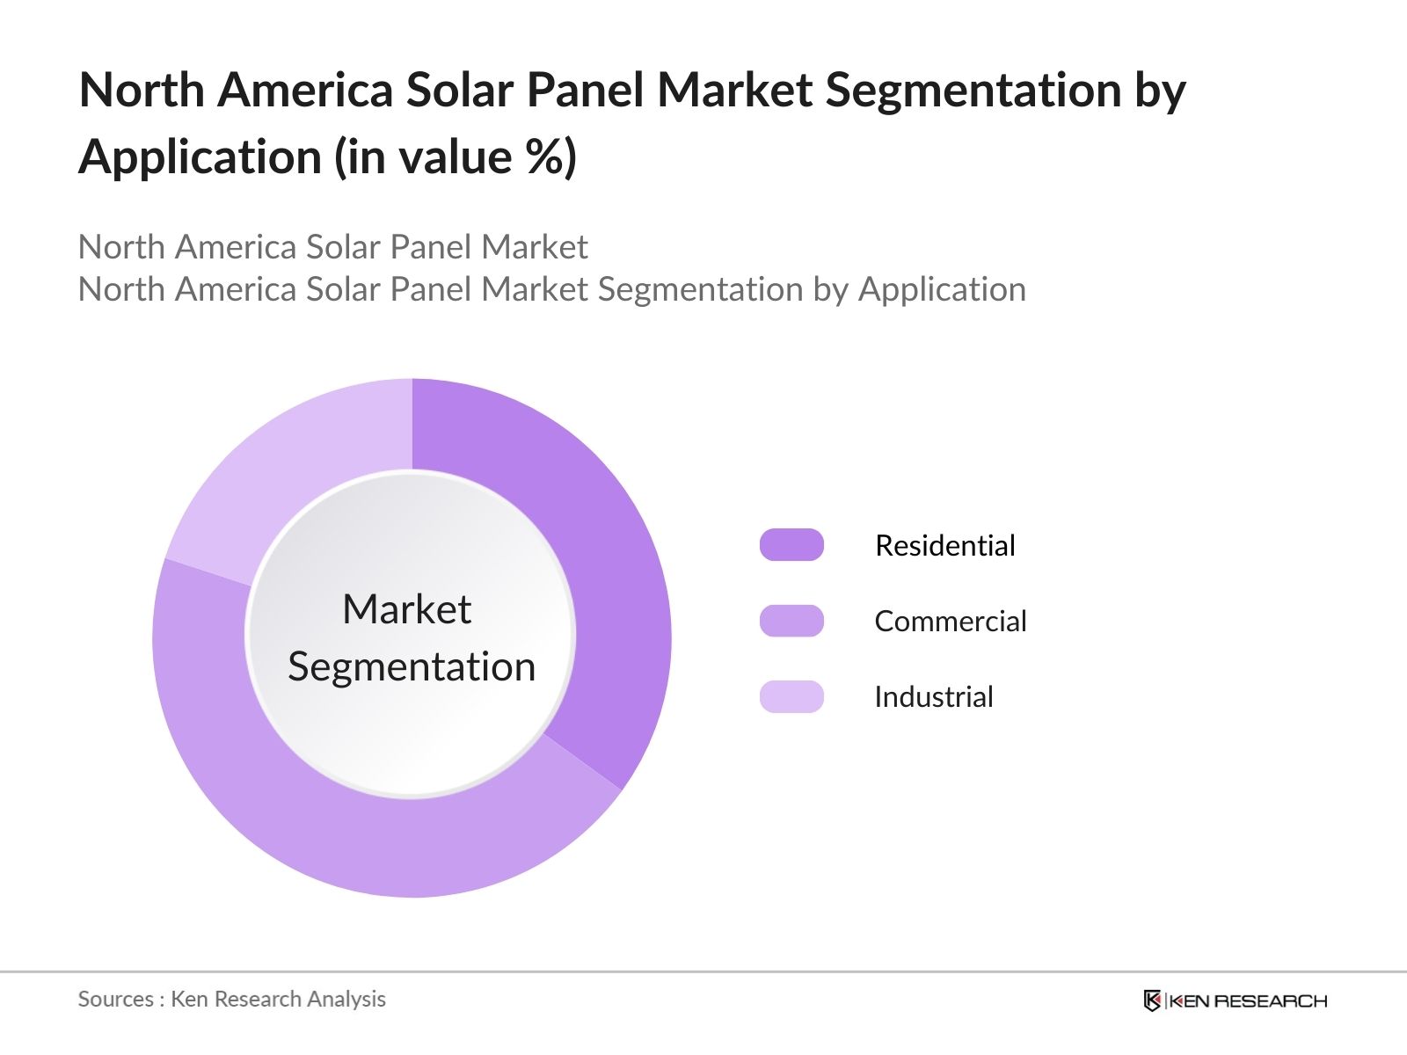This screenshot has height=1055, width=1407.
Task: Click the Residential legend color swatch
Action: tap(791, 545)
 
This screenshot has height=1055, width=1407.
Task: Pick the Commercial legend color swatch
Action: tap(791, 621)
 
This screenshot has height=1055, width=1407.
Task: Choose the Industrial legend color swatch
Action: tap(791, 696)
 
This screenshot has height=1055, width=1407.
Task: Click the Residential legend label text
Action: tap(945, 545)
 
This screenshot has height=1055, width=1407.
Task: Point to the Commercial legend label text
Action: tap(950, 621)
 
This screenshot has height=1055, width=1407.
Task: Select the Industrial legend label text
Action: tap(933, 696)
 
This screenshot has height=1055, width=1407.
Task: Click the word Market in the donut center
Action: tap(406, 608)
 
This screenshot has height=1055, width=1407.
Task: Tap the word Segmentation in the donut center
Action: tap(412, 666)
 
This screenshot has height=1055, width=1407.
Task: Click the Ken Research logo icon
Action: tap(1152, 1000)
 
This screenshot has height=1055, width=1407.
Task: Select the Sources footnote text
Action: tap(231, 999)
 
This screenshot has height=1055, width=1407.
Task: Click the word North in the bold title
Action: tap(142, 90)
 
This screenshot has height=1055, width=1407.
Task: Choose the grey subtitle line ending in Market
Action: tap(332, 247)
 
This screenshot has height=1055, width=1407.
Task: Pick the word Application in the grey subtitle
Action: tap(942, 289)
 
